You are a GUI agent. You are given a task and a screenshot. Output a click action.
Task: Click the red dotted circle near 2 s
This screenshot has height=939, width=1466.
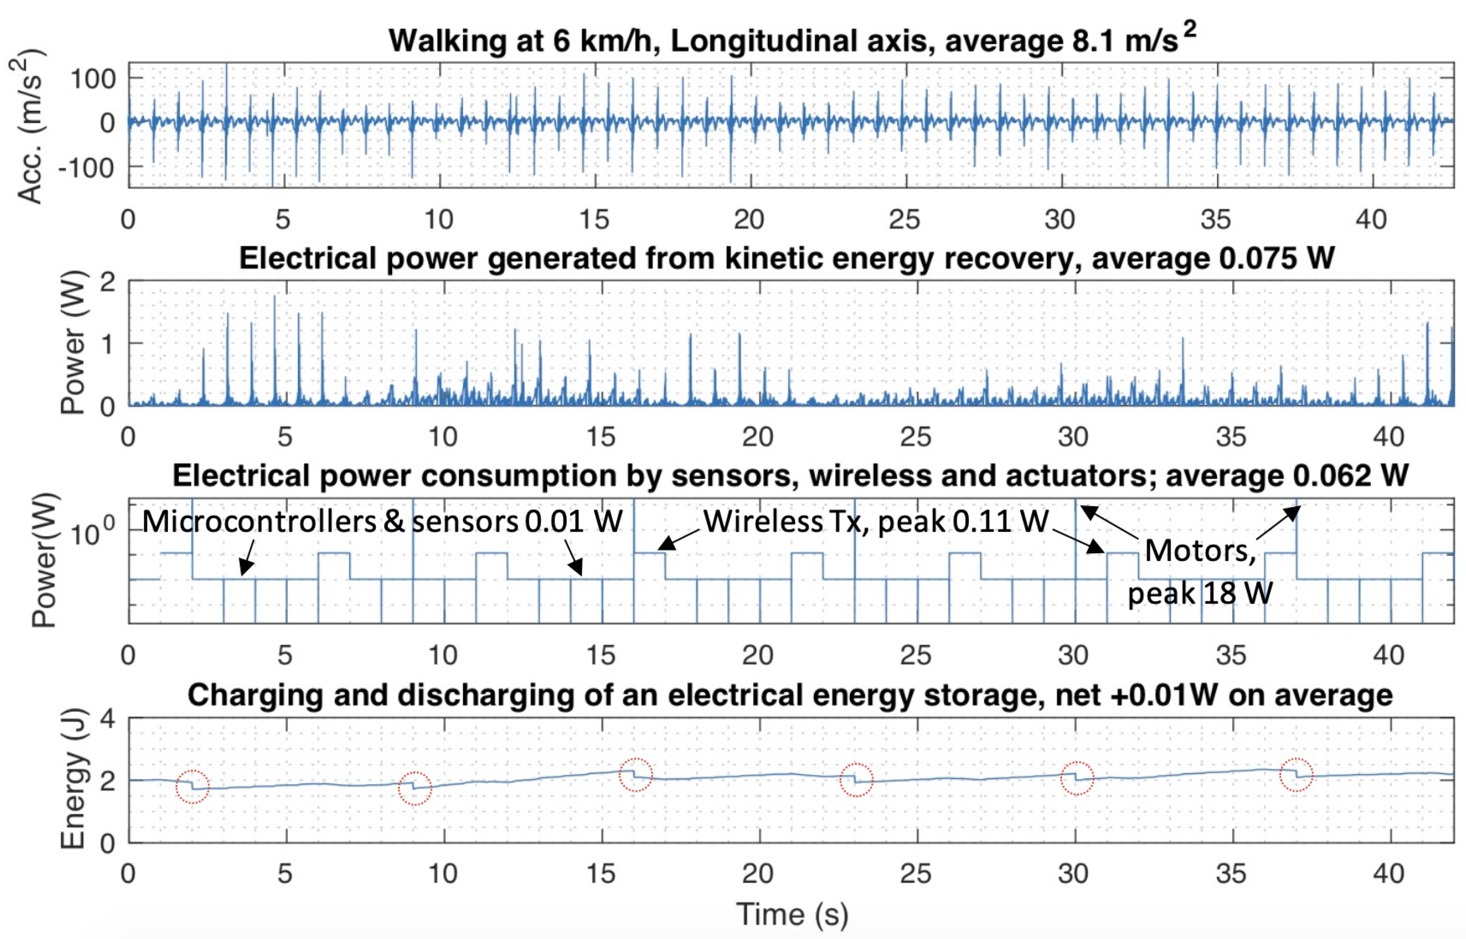coord(192,786)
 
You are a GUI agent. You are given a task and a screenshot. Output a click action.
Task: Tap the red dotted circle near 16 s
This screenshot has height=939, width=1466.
coord(635,775)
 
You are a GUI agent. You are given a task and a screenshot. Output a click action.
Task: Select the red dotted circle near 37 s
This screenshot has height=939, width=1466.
coord(1296,774)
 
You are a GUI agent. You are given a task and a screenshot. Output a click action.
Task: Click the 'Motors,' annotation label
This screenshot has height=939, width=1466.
coord(1200,551)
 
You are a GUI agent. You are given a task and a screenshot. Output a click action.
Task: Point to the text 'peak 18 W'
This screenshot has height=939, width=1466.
coord(1200,593)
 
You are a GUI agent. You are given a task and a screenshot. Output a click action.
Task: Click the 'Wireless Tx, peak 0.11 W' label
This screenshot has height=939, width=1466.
coord(876,522)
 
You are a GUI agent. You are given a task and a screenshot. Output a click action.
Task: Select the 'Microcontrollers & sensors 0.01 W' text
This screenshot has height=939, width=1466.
coord(382,522)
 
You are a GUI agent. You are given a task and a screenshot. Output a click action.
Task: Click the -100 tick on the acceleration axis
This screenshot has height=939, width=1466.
coord(86,167)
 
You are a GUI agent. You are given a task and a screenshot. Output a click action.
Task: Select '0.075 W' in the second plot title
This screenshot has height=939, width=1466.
coord(1276,259)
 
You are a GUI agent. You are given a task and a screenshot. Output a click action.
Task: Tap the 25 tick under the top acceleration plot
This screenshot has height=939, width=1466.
coord(905,219)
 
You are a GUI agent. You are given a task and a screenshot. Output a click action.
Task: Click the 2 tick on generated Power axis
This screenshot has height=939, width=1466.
coord(108,282)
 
